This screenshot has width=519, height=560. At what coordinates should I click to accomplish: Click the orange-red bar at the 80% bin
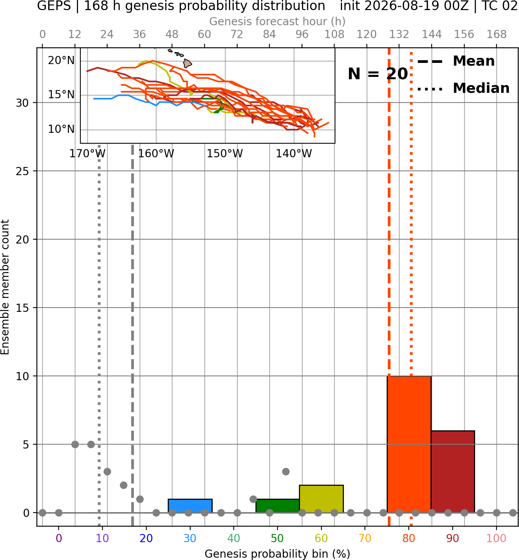point(409,444)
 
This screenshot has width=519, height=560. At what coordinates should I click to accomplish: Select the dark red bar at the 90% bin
point(453,471)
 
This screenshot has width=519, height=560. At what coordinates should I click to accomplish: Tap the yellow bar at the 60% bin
point(321,499)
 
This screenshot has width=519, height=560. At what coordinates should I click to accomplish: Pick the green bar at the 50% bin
point(278,506)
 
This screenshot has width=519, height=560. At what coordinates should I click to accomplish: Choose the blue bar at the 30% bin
point(190,506)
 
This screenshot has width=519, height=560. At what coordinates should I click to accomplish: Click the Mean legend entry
point(456,61)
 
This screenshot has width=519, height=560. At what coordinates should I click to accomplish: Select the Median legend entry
point(463,88)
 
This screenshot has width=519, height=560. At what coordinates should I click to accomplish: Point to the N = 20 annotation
point(378,74)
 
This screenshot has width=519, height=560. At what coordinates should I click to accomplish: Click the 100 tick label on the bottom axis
point(496,538)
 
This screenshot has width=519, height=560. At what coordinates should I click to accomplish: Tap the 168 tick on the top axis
point(497,35)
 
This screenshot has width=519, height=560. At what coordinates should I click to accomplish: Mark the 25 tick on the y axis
point(22,171)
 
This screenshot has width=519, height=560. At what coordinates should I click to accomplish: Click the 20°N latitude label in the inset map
point(61,60)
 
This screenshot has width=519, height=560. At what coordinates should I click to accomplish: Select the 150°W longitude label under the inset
point(225,153)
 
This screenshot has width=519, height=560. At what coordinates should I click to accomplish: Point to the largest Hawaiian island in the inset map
point(187,63)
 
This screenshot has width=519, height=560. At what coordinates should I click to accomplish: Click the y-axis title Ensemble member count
point(5,287)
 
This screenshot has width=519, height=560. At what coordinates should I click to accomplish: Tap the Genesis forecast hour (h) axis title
point(278,21)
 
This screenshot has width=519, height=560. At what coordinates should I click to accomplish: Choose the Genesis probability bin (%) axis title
point(278,554)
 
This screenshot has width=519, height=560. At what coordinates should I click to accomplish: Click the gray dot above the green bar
point(286,471)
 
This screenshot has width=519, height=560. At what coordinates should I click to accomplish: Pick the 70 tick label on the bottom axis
point(365,538)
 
